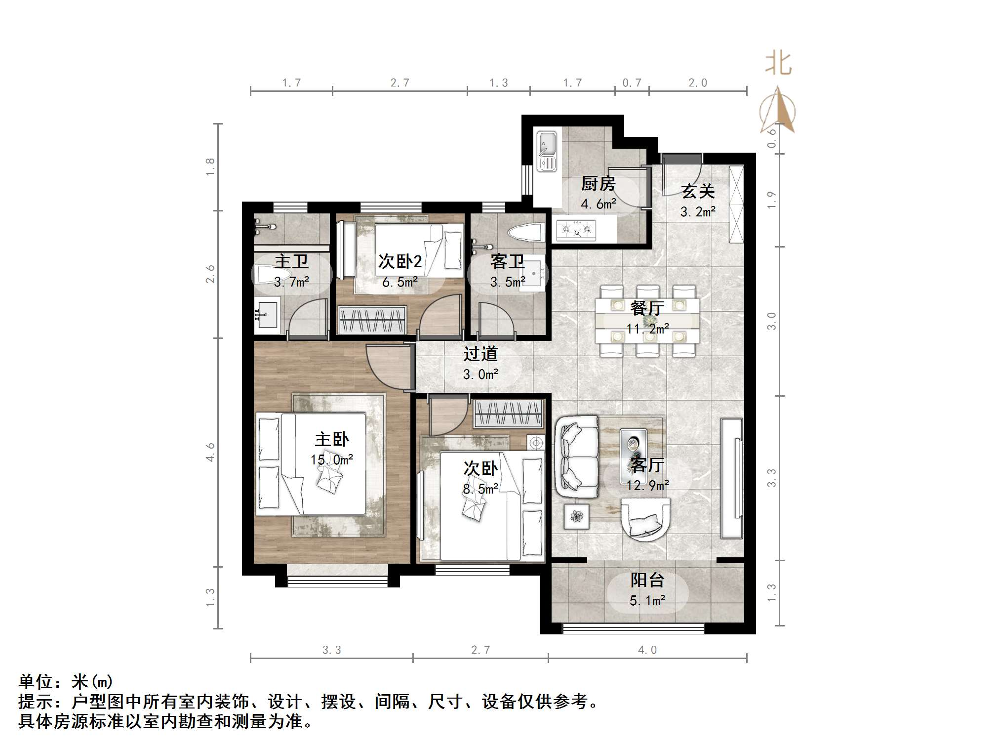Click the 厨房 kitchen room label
point(598,184)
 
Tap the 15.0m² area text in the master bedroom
point(331,460)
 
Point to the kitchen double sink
point(547,151)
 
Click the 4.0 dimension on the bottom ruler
point(647,650)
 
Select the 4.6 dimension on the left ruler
point(210,452)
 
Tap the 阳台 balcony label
point(647,580)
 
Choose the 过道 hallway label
point(480,354)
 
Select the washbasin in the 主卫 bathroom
point(267,314)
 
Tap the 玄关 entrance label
point(697,191)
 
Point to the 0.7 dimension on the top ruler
point(632,83)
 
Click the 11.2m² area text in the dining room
point(647,329)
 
